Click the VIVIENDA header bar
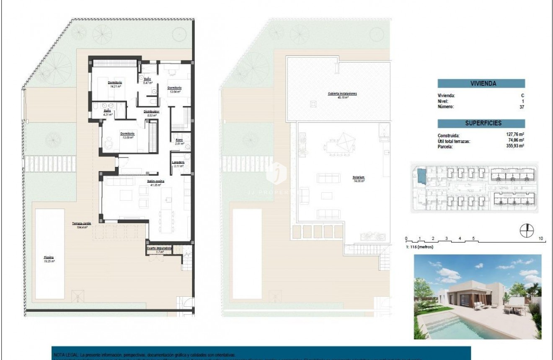click(481, 83)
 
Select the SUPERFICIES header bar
click(481, 123)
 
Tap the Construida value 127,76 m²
click(515, 135)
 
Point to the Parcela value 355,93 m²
click(515, 146)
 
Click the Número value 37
click(522, 106)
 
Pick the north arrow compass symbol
click(527, 231)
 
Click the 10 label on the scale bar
click(541, 238)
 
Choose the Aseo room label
click(179, 141)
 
